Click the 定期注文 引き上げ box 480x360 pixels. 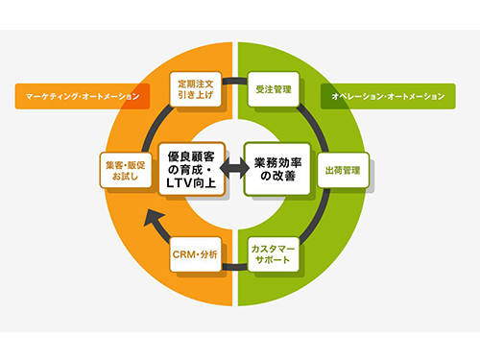(x=198, y=89)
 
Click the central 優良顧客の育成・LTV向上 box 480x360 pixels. (x=191, y=169)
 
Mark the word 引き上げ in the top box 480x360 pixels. (x=198, y=96)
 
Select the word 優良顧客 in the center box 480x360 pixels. (x=192, y=155)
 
